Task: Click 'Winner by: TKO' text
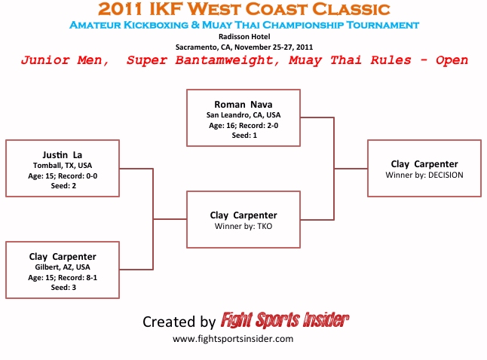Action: [243, 226]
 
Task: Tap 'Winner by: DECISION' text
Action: [424, 175]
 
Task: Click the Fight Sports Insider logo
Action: [284, 321]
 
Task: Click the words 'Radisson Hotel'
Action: [244, 36]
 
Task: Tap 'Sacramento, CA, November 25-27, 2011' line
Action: [244, 47]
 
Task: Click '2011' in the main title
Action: [124, 10]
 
